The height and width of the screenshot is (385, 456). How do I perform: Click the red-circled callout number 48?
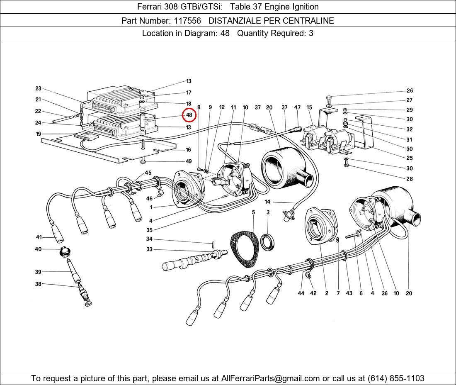pos(189,115)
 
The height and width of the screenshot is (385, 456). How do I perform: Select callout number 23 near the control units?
pos(38,88)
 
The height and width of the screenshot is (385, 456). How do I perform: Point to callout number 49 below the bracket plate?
pos(188,161)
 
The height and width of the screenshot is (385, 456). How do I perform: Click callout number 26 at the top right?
pos(410,90)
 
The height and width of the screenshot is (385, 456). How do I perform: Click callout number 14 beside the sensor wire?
pos(267,202)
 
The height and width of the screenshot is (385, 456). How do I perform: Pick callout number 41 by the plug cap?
pos(39,237)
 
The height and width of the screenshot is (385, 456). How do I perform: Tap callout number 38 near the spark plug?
pos(38,284)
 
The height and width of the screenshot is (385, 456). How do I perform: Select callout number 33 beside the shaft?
pos(149,249)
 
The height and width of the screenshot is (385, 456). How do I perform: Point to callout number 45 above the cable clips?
pos(148,173)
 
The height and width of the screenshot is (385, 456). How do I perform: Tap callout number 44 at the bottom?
pos(301,293)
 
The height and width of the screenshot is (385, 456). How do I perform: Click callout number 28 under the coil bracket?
pos(410,179)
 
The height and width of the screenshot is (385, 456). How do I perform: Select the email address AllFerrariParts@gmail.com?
pos(271,378)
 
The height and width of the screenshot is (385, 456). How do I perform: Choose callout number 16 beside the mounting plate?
pos(188,150)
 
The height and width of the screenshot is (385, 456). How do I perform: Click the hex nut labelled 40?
pos(65,251)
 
